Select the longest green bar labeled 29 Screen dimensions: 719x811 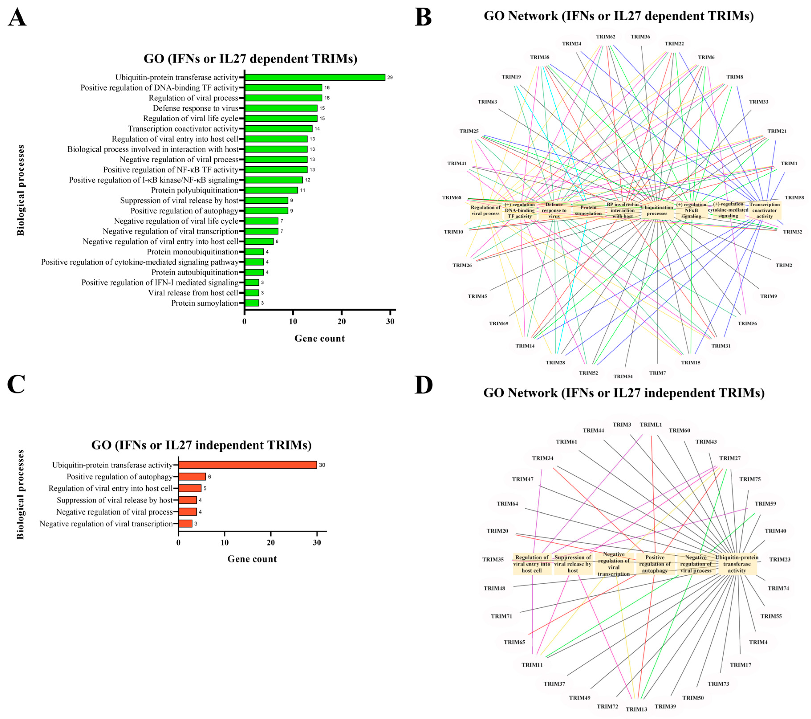[315, 77]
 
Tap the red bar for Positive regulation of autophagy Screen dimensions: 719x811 [192, 477]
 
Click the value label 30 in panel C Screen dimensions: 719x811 [322, 465]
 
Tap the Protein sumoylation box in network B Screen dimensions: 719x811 [588, 210]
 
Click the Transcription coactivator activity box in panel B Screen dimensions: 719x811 [764, 210]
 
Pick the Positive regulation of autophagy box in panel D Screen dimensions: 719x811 [655, 564]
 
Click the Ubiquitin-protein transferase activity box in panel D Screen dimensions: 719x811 [737, 564]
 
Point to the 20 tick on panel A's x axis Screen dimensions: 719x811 [342, 321]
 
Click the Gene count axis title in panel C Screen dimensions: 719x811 [252, 559]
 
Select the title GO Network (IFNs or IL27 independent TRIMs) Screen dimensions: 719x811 [624, 393]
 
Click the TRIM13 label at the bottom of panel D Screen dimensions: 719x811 [637, 709]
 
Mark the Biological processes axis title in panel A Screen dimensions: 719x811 [21, 191]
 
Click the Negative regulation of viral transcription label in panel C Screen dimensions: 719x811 [106, 524]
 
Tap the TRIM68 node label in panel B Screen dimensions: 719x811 [452, 198]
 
